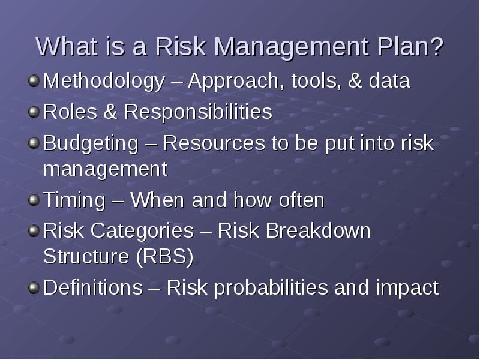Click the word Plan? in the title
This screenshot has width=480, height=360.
(410, 47)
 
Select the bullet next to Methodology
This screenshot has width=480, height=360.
(34, 81)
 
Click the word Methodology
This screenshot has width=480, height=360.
(104, 81)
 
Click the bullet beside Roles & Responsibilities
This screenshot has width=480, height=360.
(34, 112)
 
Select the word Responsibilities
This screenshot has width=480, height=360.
(198, 112)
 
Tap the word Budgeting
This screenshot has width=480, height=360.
(91, 143)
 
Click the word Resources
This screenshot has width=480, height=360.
(214, 143)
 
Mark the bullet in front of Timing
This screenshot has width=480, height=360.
(34, 200)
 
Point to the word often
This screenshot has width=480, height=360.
(302, 200)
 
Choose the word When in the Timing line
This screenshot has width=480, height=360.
(157, 200)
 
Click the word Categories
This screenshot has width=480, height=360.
(142, 230)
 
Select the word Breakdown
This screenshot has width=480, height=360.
(318, 230)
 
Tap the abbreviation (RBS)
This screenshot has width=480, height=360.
(164, 256)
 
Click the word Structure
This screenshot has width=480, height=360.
(86, 256)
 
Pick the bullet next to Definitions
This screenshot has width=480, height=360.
(34, 288)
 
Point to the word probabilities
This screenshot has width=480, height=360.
(271, 288)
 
